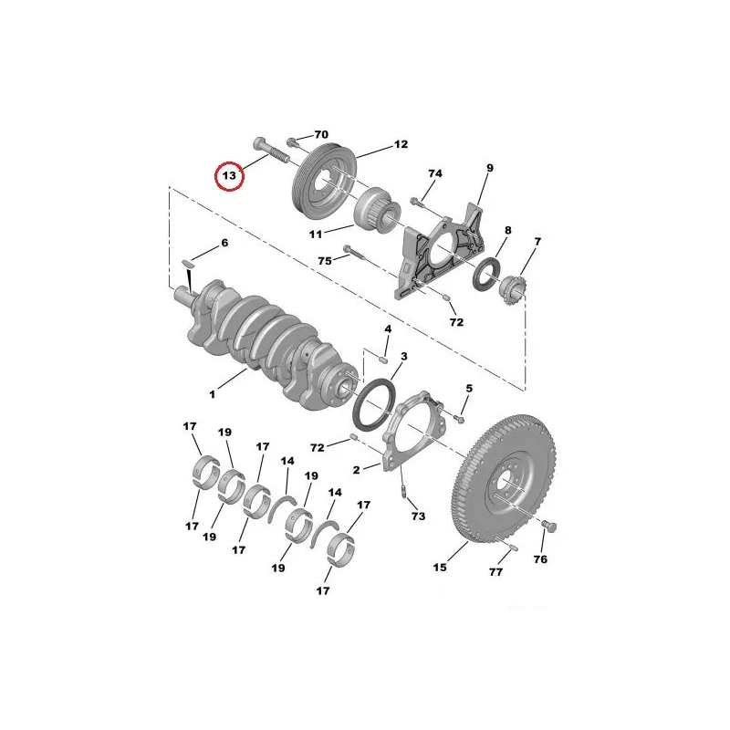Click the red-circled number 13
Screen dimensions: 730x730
pos(229,176)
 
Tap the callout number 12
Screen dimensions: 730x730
pos(401,144)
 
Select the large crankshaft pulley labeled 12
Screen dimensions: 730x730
pos(324,181)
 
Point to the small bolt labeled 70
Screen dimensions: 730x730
pos(292,141)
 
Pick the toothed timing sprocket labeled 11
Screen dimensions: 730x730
pos(377,211)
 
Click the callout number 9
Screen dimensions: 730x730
pos(489,168)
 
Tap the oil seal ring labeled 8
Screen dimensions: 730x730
pos(487,277)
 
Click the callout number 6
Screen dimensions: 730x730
pos(224,243)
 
